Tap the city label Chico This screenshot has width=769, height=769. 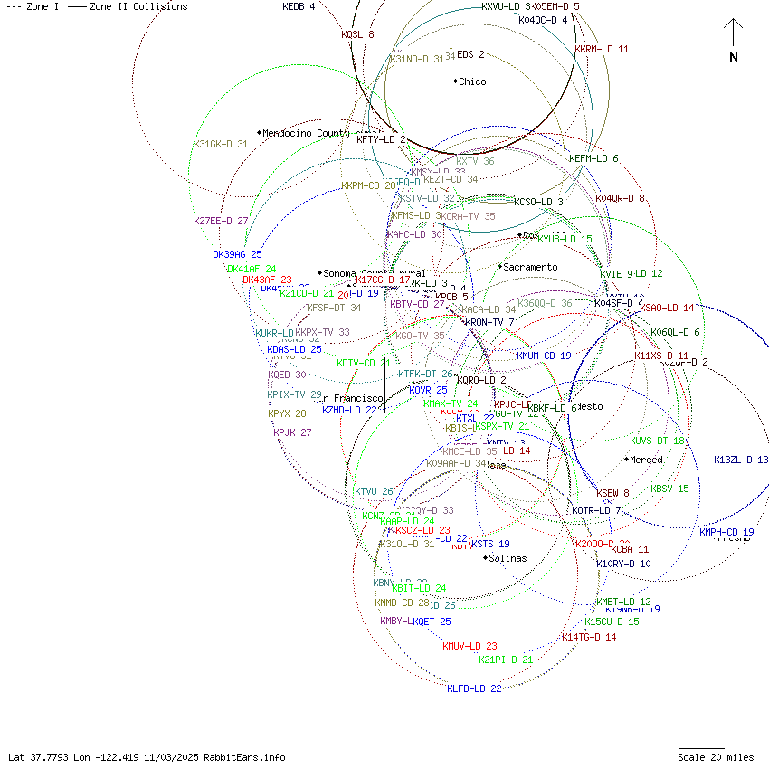point(471,82)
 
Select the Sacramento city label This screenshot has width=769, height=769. point(530,268)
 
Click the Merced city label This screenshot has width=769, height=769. point(646,460)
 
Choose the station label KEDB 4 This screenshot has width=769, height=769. point(299,6)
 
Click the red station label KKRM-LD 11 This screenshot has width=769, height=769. point(602,49)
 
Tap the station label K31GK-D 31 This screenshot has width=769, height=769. point(221,144)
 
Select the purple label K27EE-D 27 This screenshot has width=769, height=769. point(221,221)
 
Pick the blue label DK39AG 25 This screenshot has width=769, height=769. point(237,255)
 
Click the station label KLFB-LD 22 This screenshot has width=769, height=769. point(474,688)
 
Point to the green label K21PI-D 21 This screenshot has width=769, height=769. point(506,660)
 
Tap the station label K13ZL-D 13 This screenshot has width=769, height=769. point(741,460)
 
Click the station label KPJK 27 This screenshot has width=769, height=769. point(292,432)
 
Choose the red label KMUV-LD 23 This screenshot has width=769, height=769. point(470,646)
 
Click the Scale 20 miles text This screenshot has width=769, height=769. point(716,757)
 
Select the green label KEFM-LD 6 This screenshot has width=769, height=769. point(593,159)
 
